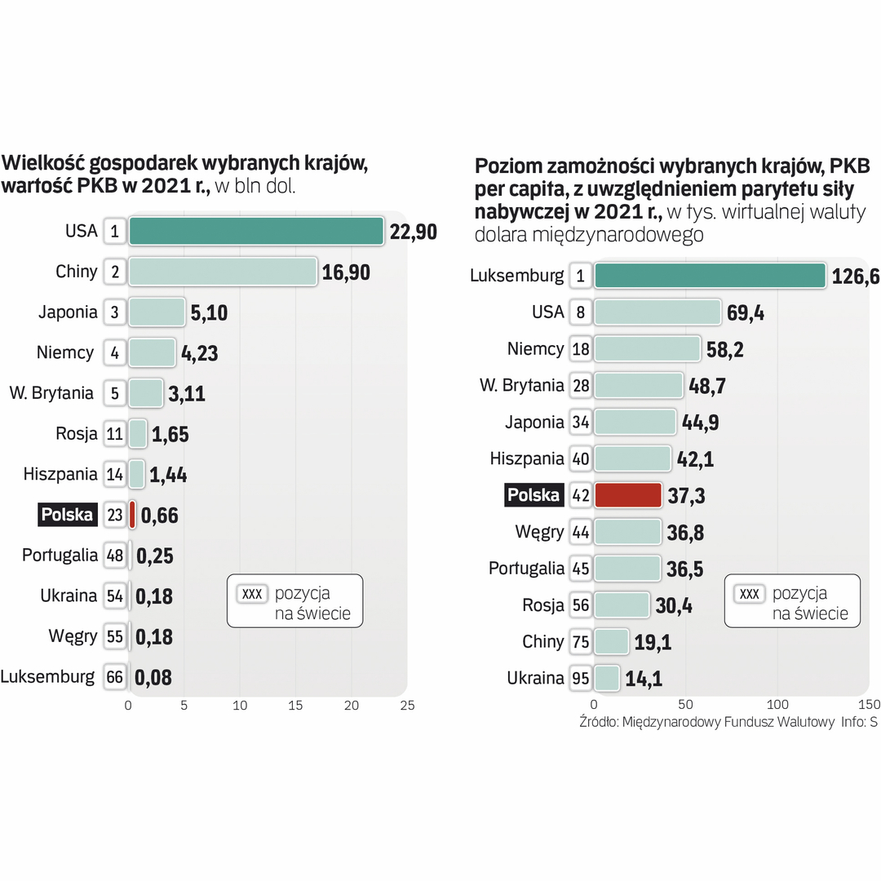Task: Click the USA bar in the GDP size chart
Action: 255,231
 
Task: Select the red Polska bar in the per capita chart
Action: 627,495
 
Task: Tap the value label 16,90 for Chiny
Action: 346,272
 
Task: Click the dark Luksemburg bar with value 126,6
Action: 709,276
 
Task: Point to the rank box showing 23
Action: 115,515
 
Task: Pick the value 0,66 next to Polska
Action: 159,516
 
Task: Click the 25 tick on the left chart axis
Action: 407,706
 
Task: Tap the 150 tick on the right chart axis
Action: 870,704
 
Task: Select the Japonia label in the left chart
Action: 68,312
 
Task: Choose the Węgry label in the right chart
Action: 539,532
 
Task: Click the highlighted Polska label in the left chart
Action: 68,515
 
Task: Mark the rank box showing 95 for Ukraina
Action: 581,679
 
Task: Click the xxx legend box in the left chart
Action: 252,594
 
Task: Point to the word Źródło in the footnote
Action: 598,722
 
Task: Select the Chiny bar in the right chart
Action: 611,642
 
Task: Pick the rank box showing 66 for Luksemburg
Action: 115,677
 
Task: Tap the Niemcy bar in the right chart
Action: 647,349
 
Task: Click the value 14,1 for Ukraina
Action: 644,679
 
